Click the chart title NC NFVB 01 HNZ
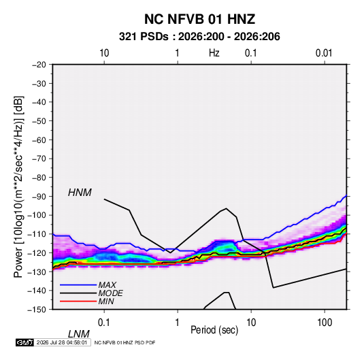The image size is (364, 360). coord(199,19)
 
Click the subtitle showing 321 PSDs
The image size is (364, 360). coord(199,37)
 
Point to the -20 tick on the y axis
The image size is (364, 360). coord(39,65)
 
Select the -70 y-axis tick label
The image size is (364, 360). coord(39,159)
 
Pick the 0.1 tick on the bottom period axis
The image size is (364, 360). coord(104,323)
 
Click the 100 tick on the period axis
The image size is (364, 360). coord(325,323)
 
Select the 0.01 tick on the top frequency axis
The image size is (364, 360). coord(324,53)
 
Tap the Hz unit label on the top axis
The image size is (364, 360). coord(214,53)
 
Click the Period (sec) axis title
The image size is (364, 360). coord(214,330)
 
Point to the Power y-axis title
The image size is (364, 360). coord(18,186)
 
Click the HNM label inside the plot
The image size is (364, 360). coord(80,193)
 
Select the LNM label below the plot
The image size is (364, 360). coord(78,334)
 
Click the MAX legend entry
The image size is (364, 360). coord(107,284)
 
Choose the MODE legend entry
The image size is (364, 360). coord(110,293)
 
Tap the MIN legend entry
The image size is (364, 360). coord(106,301)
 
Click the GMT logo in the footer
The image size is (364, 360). coord(24,342)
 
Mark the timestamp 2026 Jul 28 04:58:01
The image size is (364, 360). coord(62,342)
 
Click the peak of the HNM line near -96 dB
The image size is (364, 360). coord(226,208)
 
